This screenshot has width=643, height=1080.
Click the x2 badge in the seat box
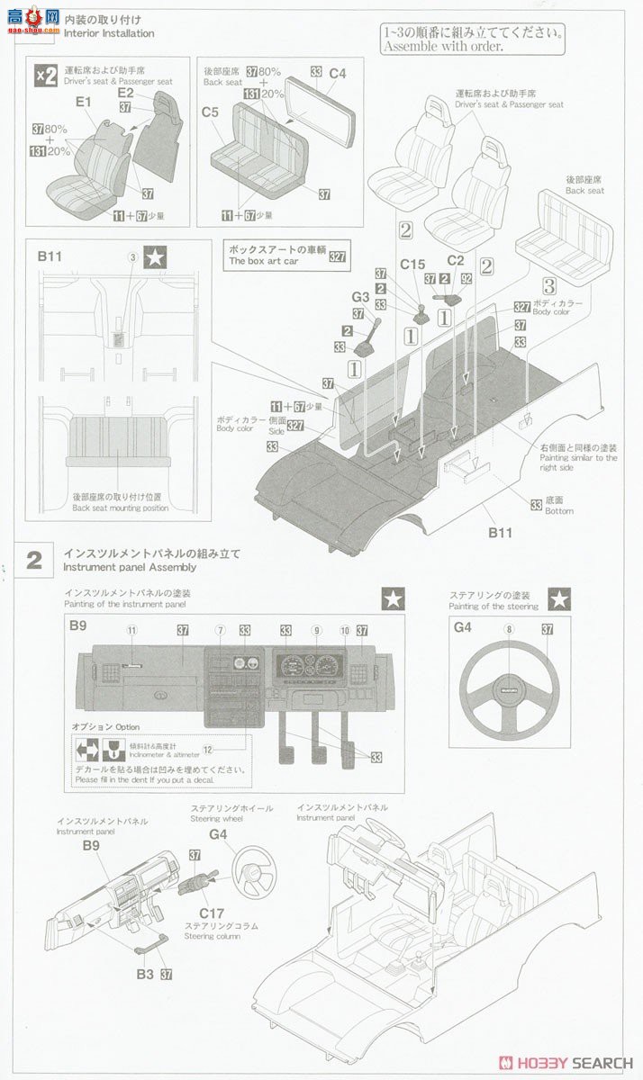(x=46, y=76)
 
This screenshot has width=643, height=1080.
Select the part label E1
(x=84, y=103)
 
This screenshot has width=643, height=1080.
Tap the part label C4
(x=338, y=72)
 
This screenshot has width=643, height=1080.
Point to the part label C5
(x=211, y=112)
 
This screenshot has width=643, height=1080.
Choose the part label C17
(x=213, y=912)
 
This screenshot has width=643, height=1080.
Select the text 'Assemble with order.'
(x=442, y=47)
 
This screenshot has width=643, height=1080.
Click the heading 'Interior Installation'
(x=109, y=33)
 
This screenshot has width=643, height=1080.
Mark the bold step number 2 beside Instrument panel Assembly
(x=34, y=560)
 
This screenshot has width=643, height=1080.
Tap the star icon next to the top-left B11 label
(x=157, y=257)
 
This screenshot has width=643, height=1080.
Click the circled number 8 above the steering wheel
(x=509, y=629)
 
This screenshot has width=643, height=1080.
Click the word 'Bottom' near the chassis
(x=558, y=511)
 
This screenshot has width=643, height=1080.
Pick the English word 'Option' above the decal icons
(x=127, y=725)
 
